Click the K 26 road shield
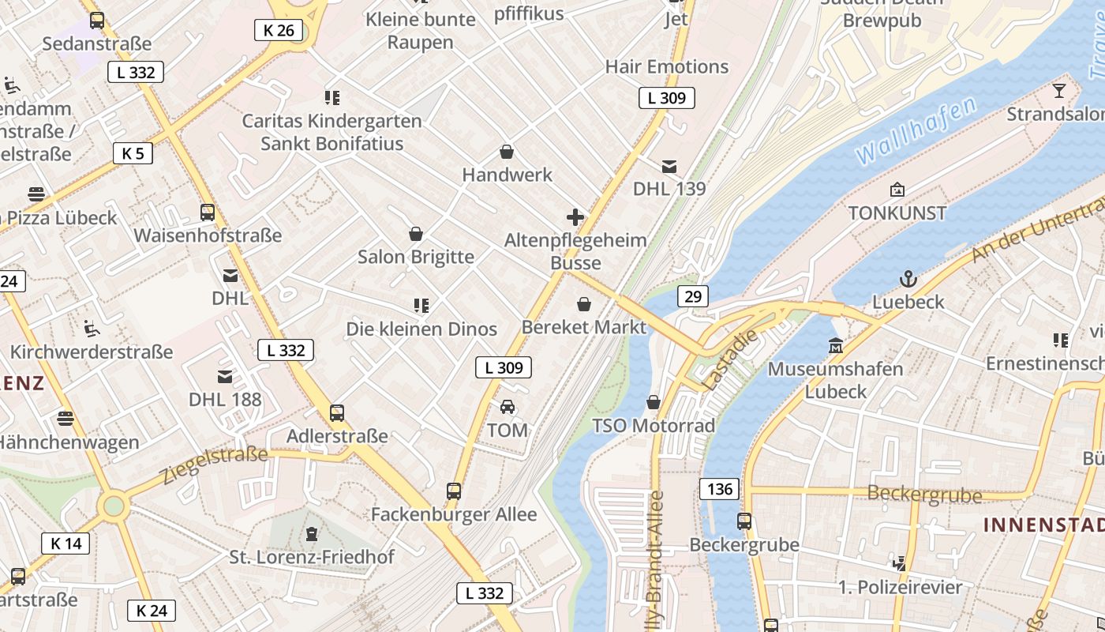279,31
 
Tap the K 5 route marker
133,153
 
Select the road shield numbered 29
692,296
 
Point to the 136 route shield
719,489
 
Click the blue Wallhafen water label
916,130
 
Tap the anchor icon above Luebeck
908,279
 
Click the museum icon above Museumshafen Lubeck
835,346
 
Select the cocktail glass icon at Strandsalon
1058,92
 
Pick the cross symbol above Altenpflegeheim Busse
575,217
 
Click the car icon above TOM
507,407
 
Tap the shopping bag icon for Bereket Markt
584,304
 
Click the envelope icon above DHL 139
669,166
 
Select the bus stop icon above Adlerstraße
337,412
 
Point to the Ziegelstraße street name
214,465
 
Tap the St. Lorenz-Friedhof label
312,557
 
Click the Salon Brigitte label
416,257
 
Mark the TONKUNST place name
897,213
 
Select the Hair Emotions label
667,66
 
